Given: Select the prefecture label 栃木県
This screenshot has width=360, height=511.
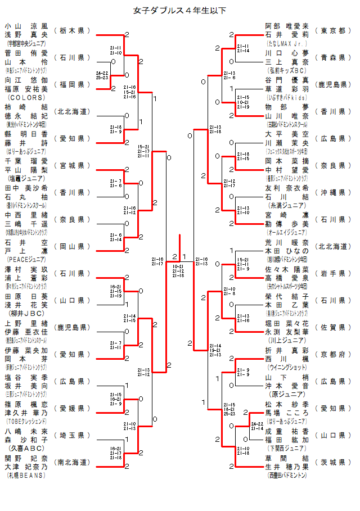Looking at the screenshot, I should point(71,30).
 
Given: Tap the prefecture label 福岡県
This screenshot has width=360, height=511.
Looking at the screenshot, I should point(71,84).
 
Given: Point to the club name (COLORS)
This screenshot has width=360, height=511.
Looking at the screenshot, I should point(26,96).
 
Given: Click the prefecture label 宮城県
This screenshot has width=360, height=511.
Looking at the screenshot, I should point(71,165).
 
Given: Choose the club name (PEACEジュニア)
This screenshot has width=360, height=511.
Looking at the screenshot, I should point(26,259).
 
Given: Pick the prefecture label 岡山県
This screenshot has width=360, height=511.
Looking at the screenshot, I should point(71,246).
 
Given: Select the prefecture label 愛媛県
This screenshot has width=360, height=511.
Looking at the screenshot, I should point(71,408).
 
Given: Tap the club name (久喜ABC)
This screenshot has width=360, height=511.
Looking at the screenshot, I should point(26,447).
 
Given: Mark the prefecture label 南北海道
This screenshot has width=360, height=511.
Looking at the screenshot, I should point(71,462).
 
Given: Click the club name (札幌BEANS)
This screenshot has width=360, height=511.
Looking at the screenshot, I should point(26,475).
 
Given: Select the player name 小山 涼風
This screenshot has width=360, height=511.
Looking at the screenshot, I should point(26,26).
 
